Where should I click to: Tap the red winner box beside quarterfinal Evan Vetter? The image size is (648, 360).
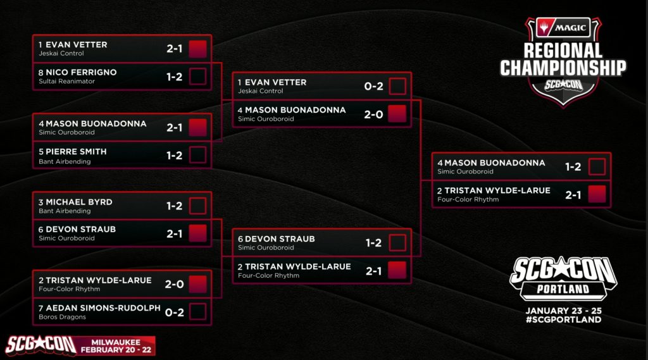coord(198,49)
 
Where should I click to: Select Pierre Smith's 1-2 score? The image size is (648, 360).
coord(175,156)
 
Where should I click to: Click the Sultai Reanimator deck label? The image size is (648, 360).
coord(66,82)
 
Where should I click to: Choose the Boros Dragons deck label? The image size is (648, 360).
coord(62,317)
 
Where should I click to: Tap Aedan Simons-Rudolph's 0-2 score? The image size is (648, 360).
coord(175,312)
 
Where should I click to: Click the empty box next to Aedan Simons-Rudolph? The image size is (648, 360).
coord(198,312)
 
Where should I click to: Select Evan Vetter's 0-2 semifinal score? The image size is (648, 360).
coord(374,86)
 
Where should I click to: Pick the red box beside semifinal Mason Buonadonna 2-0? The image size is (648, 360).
coord(397,114)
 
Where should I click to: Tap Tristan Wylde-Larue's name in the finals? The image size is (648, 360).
coord(494,190)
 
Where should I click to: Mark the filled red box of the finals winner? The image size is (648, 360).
coord(597,194)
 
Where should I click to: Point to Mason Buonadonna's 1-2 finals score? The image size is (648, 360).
coord(573,167)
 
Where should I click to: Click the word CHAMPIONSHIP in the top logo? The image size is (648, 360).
coord(563,68)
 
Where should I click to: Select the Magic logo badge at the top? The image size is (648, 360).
coord(563,27)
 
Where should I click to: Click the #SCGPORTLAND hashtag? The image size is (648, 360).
coord(563,320)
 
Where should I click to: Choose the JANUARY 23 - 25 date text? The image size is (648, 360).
coord(563,311)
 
